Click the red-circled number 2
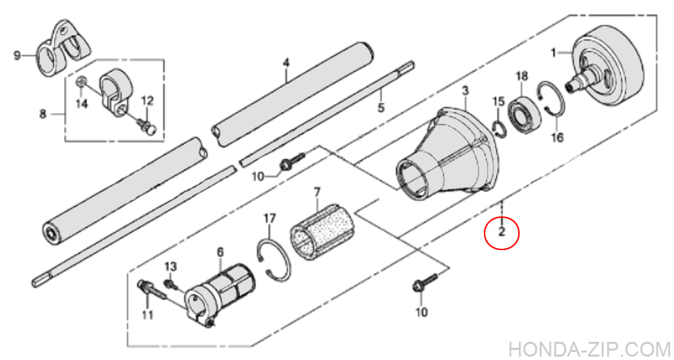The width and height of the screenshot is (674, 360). click(x=501, y=233)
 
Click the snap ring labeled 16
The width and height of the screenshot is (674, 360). click(x=551, y=99)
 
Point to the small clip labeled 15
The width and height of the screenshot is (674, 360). click(x=499, y=129)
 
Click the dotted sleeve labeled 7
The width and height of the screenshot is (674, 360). click(x=321, y=233)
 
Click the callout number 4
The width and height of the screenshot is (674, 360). click(x=286, y=63)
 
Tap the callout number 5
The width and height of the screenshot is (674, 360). click(x=381, y=107)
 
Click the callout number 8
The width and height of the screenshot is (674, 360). click(x=42, y=115)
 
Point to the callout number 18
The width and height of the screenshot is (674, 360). click(x=522, y=76)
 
